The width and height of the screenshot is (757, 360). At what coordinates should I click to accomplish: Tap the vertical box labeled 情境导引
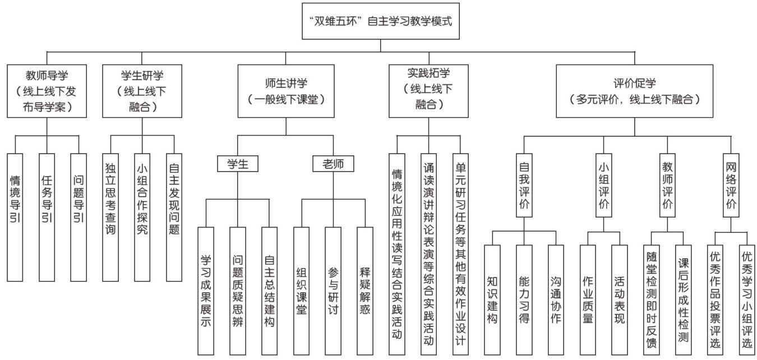tap(16, 216)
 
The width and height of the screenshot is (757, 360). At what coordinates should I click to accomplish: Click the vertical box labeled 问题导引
tap(79, 216)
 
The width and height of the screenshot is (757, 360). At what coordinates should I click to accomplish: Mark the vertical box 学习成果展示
tap(206, 290)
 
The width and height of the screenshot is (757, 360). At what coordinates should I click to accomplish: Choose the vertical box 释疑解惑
tap(364, 290)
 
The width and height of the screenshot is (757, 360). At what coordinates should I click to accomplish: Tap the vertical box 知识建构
tap(492, 299)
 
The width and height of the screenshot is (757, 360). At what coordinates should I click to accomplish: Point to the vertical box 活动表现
tap(620, 299)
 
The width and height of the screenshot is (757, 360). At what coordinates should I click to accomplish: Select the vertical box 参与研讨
tap(333, 290)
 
